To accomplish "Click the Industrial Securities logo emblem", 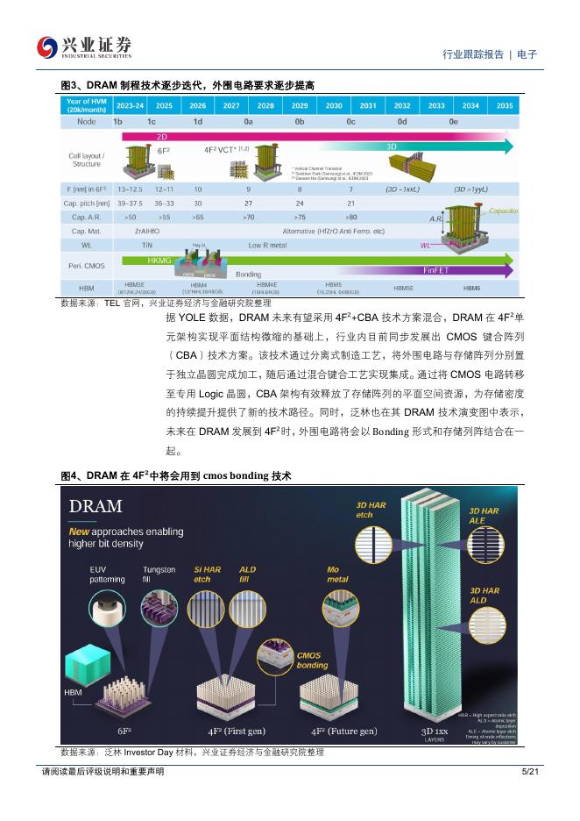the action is [46, 46].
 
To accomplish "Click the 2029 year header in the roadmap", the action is [300, 105].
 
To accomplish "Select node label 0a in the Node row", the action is [249, 122].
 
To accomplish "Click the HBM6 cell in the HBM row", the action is [471, 288].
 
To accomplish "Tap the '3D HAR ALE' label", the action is [485, 515].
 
